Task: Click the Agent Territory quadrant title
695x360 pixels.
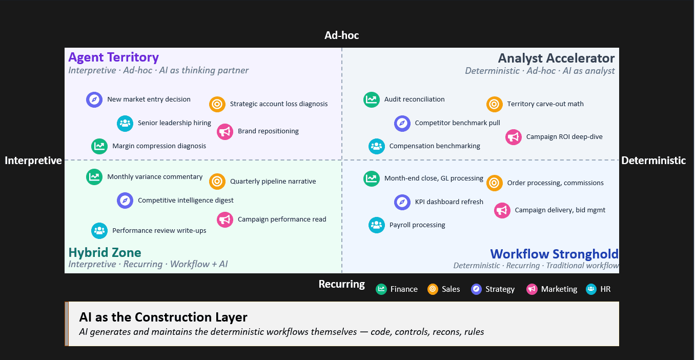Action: [x=113, y=57]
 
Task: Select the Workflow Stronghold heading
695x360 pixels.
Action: [x=554, y=254]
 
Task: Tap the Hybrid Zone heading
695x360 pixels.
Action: [x=105, y=252]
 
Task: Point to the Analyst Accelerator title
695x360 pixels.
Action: [x=556, y=58]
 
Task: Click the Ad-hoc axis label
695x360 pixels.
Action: [x=342, y=35]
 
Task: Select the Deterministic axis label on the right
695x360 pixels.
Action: [x=653, y=161]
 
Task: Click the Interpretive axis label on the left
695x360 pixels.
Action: [x=33, y=161]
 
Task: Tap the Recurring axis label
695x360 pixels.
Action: [x=342, y=284]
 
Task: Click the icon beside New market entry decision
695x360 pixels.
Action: [x=94, y=99]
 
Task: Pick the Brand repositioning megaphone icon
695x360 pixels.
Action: [x=225, y=131]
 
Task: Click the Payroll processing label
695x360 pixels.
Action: [x=417, y=225]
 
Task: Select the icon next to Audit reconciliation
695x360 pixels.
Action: [x=372, y=99]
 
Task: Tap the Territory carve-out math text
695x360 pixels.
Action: [x=545, y=104]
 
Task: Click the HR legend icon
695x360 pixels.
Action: [x=591, y=289]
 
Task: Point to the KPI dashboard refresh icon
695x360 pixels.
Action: [x=402, y=202]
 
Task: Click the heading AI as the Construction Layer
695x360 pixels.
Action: [x=163, y=317]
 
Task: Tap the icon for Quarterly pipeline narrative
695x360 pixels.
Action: [x=217, y=181]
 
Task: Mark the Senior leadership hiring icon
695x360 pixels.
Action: [x=125, y=123]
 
